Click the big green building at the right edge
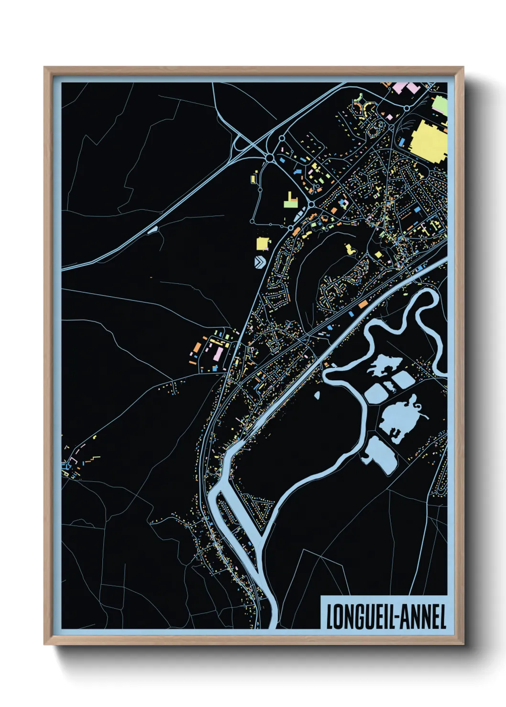coord(440,105)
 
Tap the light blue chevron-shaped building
coord(260,262)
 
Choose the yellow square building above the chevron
coord(263,243)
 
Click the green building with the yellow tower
coord(290,201)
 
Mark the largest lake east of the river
coord(400,418)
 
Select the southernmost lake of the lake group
coord(380,455)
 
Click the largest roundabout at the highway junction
coord(270,158)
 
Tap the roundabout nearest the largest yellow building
coord(407,109)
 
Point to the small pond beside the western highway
coord(153,230)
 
